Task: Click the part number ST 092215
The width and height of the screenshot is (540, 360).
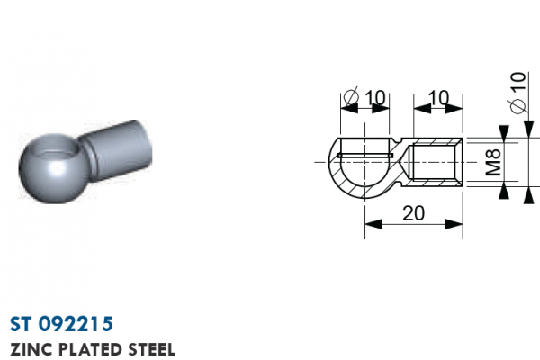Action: tap(61, 324)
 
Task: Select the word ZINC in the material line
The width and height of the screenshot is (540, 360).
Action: tap(31, 349)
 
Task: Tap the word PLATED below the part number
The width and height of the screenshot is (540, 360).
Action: tap(90, 349)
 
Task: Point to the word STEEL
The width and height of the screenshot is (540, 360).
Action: tap(152, 349)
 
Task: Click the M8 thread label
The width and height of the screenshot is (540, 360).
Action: tap(493, 162)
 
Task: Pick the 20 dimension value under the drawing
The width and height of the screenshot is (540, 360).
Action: tap(414, 213)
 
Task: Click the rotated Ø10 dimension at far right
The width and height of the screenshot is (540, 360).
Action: tap(518, 93)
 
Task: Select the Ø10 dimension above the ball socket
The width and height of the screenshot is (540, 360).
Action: tap(364, 97)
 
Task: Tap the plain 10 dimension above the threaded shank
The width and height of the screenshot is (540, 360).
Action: tap(439, 98)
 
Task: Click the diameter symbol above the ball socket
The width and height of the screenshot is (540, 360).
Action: tap(351, 96)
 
